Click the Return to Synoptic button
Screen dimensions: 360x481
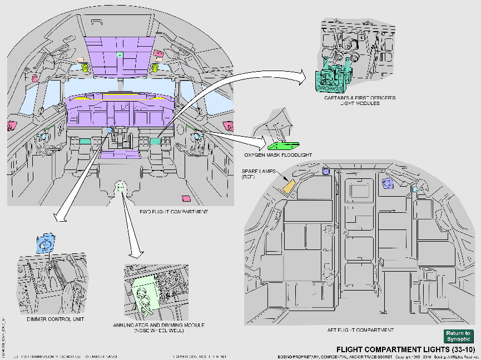tap(458, 336)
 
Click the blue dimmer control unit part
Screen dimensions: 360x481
tap(46, 243)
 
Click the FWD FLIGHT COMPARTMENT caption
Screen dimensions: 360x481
tap(166, 212)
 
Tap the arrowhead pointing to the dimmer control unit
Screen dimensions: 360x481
tap(57, 218)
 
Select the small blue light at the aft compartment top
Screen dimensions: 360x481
tap(326, 171)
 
